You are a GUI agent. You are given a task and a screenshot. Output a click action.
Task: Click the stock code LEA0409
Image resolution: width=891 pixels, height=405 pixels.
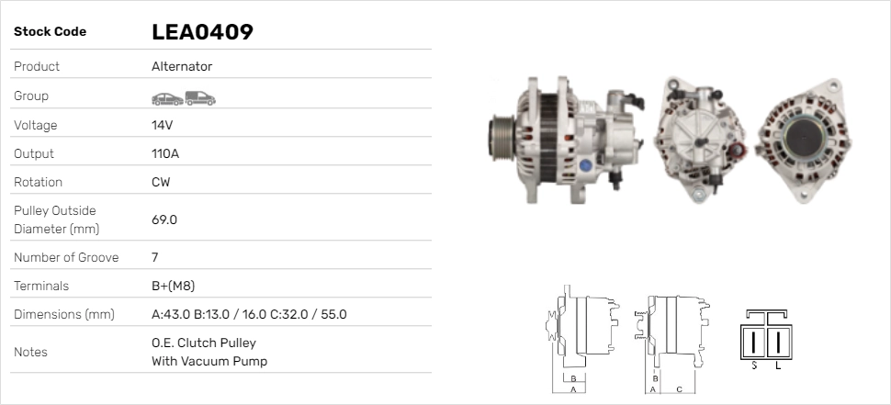pos(202,32)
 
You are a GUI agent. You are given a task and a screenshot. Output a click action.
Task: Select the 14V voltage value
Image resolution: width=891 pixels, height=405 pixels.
pos(162,125)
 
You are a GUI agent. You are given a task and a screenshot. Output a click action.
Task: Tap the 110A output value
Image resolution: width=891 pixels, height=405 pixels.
pos(165,153)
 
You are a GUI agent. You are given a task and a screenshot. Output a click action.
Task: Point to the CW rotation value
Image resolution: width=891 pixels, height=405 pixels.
pos(161,182)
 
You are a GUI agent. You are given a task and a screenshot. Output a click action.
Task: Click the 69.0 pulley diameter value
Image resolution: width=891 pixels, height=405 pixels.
pos(164,219)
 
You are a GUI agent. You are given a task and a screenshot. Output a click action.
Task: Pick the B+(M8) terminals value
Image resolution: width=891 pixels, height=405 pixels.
pos(174,286)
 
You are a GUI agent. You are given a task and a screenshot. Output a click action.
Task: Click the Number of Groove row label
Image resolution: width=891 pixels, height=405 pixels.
pos(66,257)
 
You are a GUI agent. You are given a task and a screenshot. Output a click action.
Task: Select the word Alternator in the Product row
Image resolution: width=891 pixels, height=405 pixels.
pos(182,66)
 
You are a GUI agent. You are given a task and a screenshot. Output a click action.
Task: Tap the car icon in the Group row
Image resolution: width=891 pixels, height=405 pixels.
pos(167,99)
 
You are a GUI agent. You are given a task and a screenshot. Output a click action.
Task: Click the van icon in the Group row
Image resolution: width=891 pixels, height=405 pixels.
pos(200,98)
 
